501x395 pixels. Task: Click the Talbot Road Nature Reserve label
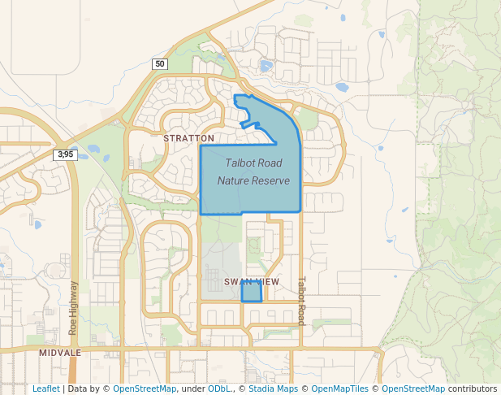[253, 171]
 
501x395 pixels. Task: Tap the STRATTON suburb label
[189, 138]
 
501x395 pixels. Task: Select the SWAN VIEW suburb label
[252, 281]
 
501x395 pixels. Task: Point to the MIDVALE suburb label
[60, 353]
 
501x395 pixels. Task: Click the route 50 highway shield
[159, 64]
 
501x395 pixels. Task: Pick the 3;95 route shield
[66, 154]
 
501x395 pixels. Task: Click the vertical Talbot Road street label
[300, 301]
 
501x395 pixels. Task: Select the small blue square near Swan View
[252, 293]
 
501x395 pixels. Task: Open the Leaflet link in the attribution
[45, 389]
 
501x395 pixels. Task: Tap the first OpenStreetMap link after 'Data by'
[144, 389]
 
